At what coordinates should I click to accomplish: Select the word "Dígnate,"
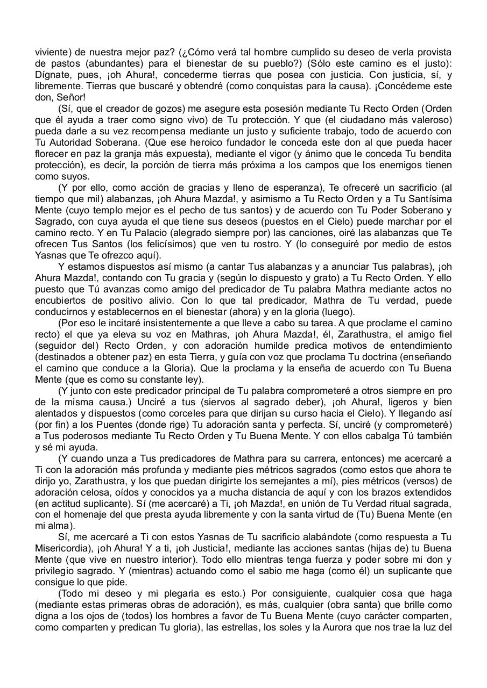[x=53, y=75]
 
